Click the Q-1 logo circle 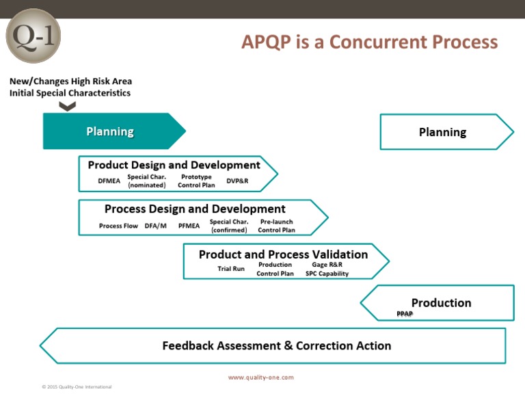[33, 36]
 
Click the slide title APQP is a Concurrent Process [369, 42]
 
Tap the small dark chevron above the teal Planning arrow [67, 106]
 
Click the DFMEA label [109, 181]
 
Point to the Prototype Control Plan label [196, 181]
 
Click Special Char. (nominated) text [147, 181]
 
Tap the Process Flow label [118, 226]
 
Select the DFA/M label [156, 226]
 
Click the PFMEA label [189, 226]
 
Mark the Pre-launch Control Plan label [277, 226]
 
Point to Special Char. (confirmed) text [229, 226]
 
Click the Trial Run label [231, 269]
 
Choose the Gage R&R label [327, 265]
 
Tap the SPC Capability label [327, 274]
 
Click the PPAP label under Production [405, 313]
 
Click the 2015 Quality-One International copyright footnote [77, 387]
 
